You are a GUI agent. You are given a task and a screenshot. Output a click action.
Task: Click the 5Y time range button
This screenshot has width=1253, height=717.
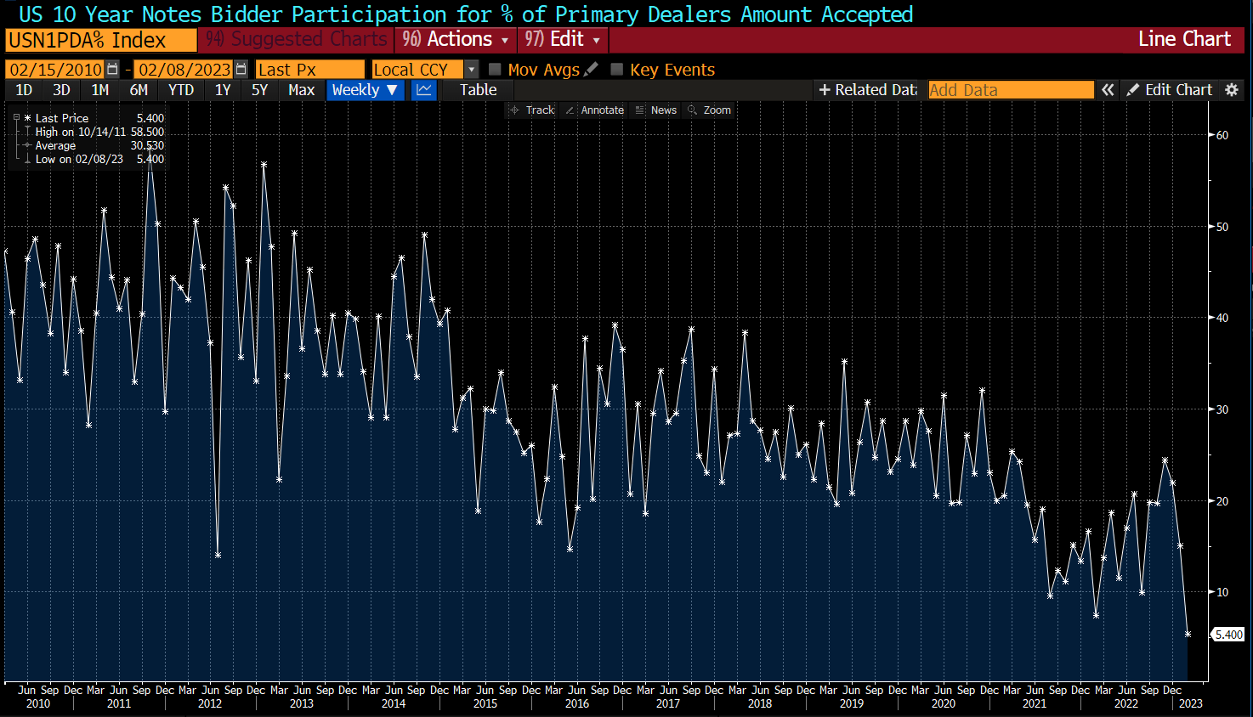coord(259,90)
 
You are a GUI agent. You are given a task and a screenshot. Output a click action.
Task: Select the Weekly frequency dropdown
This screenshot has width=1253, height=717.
coord(365,90)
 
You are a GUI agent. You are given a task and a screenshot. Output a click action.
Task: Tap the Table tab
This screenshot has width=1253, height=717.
coord(478,90)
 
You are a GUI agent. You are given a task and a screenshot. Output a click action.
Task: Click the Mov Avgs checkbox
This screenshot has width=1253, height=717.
coord(495,70)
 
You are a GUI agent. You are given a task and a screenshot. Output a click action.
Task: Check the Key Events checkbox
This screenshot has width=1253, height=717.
coord(617,70)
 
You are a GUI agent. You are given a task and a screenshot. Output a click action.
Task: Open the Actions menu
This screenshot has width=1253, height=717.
coord(456,40)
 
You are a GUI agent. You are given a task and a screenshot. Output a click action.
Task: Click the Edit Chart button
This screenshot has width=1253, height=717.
coord(1170,90)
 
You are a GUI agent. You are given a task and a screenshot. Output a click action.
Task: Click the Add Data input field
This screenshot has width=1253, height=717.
coord(1010,90)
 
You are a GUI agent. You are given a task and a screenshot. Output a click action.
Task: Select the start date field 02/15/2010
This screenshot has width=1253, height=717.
coord(56,70)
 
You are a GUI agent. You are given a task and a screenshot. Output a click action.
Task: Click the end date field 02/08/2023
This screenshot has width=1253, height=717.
coord(184,70)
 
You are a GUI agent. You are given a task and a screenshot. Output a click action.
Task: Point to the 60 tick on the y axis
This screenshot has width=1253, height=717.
coord(1222,135)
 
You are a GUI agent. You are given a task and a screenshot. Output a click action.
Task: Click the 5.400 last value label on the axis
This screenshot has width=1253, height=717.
coord(1228,635)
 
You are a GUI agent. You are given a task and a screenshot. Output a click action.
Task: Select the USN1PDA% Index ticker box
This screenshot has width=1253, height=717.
coord(100,40)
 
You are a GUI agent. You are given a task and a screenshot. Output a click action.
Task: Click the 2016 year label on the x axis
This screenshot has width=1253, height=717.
coord(576,703)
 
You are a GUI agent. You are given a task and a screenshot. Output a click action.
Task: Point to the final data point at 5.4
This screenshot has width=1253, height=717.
coord(1188,634)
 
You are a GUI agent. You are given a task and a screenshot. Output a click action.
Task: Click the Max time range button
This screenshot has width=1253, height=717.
coord(301,90)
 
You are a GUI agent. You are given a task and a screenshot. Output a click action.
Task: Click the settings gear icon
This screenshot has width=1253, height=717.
coord(1231,90)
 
